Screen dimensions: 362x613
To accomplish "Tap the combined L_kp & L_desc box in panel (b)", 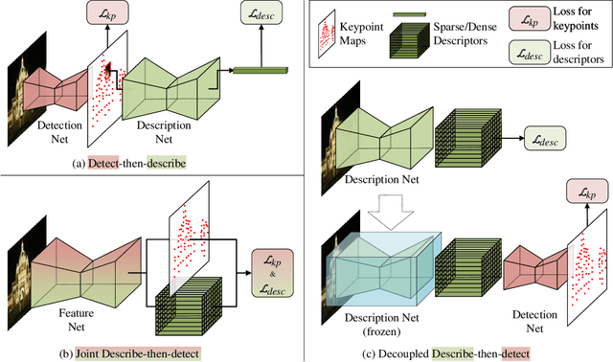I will coord(272,267).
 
